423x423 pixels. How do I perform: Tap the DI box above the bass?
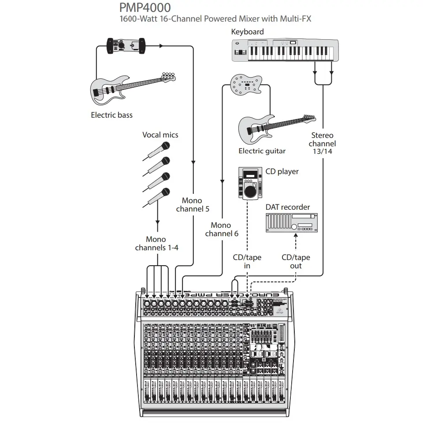coord(126,46)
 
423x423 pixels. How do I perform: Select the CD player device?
coord(250,183)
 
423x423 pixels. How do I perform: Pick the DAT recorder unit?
coord(291,222)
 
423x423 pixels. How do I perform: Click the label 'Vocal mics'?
coord(160,135)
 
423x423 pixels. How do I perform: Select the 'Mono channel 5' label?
coord(193,205)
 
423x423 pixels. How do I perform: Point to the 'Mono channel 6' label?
coord(221,229)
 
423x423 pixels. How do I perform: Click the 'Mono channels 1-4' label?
coord(156,244)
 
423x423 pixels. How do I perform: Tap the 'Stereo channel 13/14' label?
coord(322,143)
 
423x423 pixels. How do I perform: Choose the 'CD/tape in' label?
coord(247,262)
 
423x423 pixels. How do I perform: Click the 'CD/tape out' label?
coord(296,262)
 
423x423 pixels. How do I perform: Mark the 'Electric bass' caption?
coord(111,115)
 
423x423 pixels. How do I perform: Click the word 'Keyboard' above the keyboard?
coord(247,32)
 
